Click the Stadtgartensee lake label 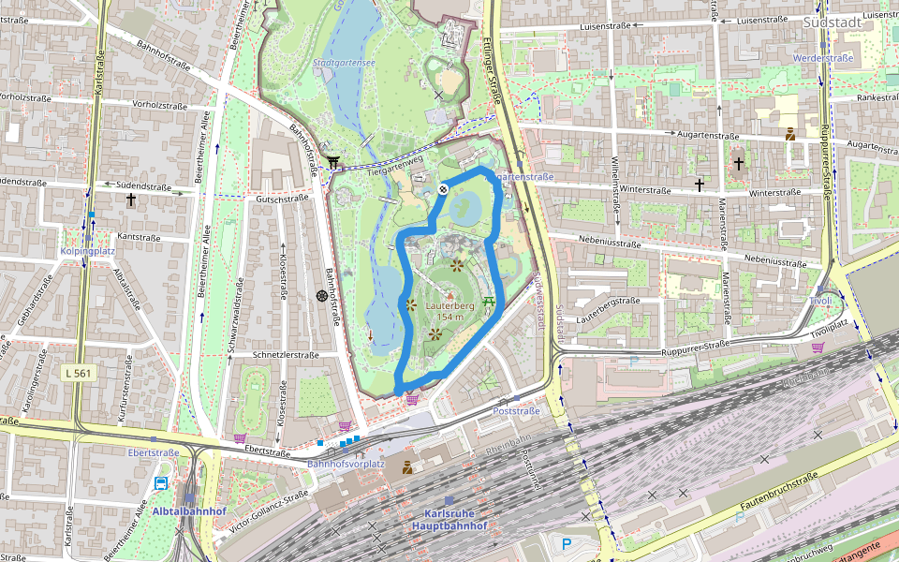point(344,65)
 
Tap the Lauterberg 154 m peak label point(450,311)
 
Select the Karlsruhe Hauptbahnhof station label point(449,520)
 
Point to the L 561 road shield point(81,373)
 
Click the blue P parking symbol point(566,542)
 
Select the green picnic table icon point(488,302)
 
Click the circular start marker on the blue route point(443,189)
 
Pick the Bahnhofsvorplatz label point(346,464)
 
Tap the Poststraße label point(517,411)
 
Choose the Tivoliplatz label point(829,330)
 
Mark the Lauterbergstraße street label point(608,302)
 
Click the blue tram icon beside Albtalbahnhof point(161,484)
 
